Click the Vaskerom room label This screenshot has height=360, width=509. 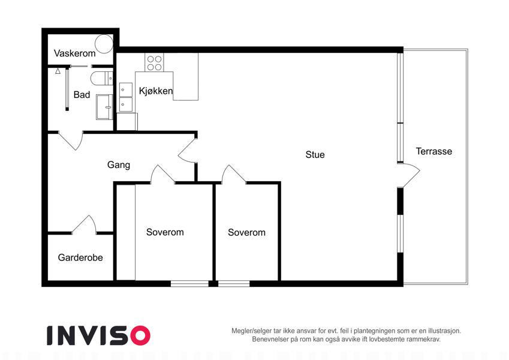tap(75, 53)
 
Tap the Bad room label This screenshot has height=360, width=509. tap(82, 95)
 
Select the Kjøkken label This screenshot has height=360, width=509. tap(156, 91)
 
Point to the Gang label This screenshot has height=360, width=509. tap(119, 165)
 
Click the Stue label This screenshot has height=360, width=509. tap(315, 155)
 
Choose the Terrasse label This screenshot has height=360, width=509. tap(434, 151)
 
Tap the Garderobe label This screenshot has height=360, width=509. tap(80, 257)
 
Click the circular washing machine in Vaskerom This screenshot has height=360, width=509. tap(104, 44)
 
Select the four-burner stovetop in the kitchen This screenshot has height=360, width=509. tap(154, 62)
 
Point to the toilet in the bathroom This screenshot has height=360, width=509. tap(101, 79)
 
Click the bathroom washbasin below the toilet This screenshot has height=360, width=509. tap(104, 107)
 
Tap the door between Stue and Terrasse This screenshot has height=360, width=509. tap(409, 176)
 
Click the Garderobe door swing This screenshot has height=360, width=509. tap(84, 224)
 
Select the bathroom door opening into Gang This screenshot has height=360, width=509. tap(71, 140)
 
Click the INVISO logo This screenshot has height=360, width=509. tap(98, 335)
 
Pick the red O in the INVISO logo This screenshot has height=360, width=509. tap(140, 335)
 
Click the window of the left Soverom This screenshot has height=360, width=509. tap(189, 284)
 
